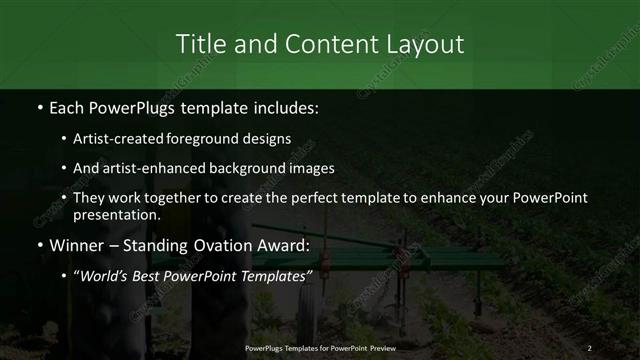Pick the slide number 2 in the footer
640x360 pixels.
590,347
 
